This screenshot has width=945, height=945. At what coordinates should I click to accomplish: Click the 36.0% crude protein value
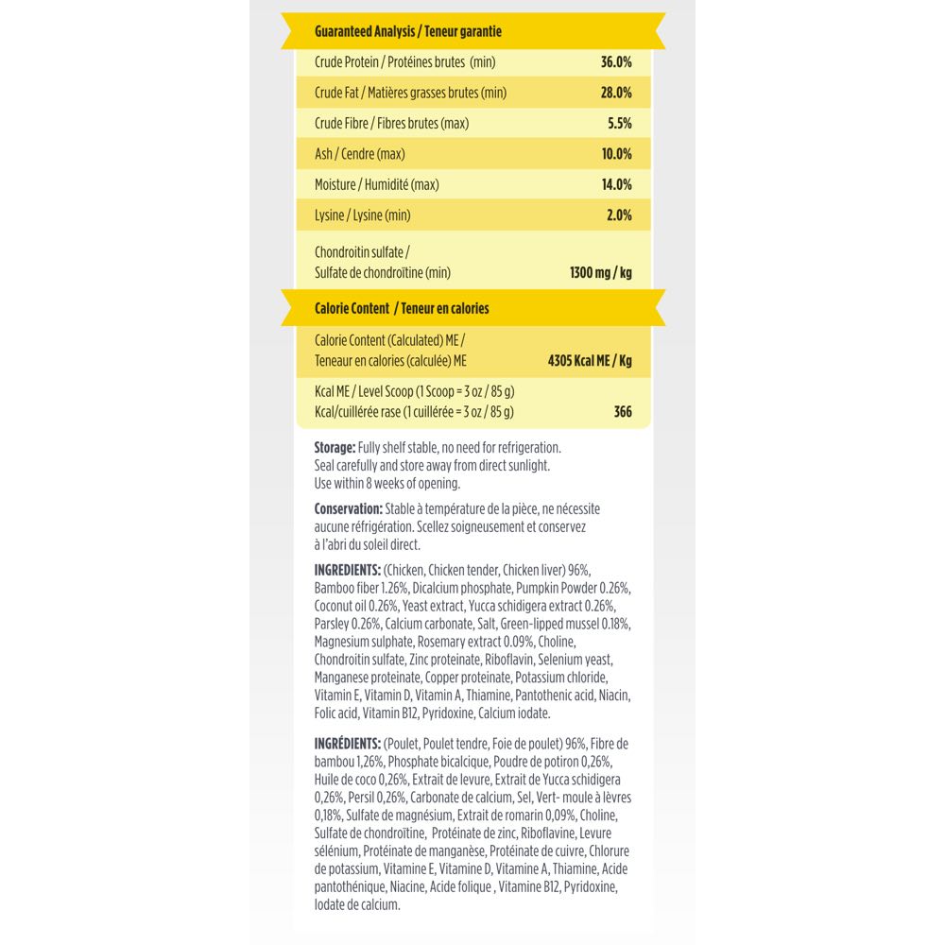[616, 62]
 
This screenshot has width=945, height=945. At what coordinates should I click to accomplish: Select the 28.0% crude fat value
[616, 93]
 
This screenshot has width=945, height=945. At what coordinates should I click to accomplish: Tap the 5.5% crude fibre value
[618, 123]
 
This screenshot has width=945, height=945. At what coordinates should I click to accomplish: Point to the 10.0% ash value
[616, 154]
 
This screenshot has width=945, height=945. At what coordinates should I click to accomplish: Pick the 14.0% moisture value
[616, 184]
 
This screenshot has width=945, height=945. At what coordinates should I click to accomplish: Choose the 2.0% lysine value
[618, 215]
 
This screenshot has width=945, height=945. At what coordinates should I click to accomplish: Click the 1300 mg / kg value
[600, 273]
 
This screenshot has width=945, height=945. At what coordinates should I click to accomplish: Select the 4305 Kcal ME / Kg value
[590, 360]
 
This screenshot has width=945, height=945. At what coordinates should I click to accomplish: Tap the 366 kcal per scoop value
[622, 412]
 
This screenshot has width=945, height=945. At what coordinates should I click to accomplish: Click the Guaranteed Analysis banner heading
[407, 31]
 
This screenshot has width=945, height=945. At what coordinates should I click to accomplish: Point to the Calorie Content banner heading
[402, 308]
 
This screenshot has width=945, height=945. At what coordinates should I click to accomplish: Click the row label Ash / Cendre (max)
[359, 154]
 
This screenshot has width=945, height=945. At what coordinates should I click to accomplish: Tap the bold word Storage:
[335, 447]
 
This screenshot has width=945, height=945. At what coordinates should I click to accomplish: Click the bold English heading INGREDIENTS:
[347, 569]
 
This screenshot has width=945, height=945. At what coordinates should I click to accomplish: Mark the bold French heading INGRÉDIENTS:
[347, 744]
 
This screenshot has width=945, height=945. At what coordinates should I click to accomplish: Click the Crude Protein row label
[404, 62]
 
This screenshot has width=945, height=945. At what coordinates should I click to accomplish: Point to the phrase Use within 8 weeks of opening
[387, 483]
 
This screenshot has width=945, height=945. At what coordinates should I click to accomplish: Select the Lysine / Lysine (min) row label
[362, 215]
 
